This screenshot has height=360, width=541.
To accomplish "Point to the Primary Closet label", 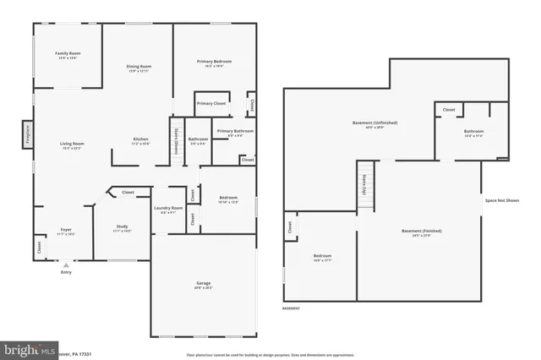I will pyautogui.click(x=211, y=103).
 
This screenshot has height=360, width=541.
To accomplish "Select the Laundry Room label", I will pyautogui.click(x=168, y=208).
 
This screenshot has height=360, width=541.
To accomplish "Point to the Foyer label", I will pyautogui.click(x=65, y=230).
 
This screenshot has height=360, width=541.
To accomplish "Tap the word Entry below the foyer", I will pyautogui.click(x=66, y=272).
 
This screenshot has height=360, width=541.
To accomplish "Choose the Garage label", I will pyautogui.click(x=204, y=284).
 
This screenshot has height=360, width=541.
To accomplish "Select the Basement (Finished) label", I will pyautogui.click(x=421, y=232).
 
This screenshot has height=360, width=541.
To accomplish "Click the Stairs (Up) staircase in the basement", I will pyautogui.click(x=365, y=188).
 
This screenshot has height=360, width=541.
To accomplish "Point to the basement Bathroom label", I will pyautogui.click(x=473, y=132).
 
